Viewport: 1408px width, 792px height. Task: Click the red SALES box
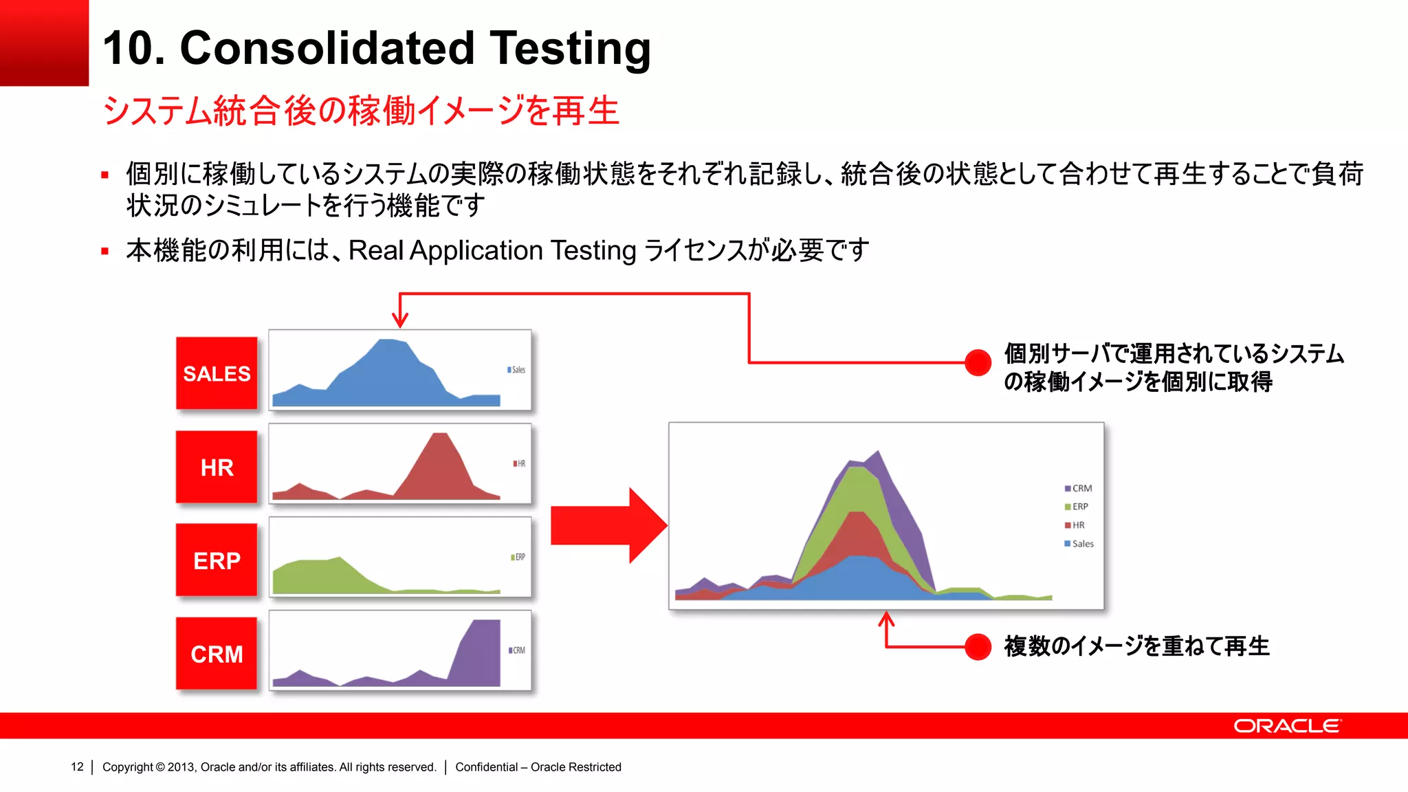click(217, 373)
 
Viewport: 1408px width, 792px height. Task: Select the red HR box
click(217, 467)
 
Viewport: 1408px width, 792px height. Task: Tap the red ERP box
click(217, 561)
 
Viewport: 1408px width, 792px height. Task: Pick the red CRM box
click(217, 654)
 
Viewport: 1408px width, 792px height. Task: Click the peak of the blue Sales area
click(389, 342)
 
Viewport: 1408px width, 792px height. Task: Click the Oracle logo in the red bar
click(1287, 726)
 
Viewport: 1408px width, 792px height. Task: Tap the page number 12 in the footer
click(77, 767)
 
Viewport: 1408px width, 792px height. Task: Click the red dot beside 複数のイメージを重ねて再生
click(977, 647)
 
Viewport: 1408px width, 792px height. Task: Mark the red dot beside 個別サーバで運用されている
click(977, 362)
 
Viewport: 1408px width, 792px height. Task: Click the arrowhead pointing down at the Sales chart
click(400, 320)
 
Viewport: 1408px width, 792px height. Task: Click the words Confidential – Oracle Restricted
click(538, 767)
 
